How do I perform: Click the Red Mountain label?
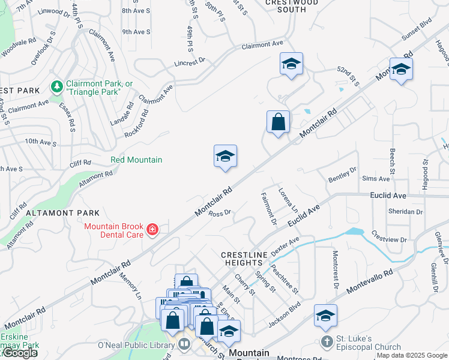coord(136,160)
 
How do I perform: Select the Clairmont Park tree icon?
coord(57,87)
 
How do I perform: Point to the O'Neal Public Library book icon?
coord(184,344)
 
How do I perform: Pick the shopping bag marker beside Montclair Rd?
coord(278,122)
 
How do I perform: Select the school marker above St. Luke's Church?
coord(325,316)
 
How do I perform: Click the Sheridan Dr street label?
coord(406,212)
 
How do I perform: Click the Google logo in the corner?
coord(19,353)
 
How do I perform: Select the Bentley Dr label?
coord(342,175)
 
